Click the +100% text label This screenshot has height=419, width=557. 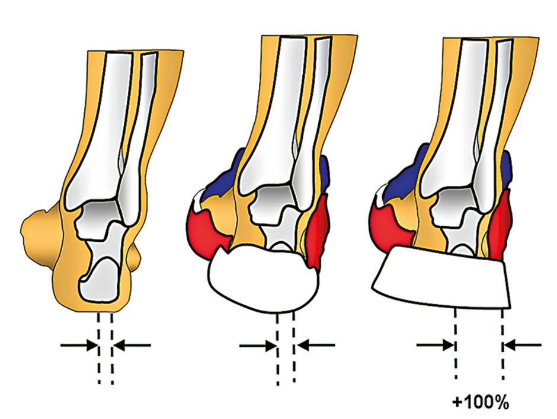click(x=481, y=402)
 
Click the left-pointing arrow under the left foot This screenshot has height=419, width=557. click(x=132, y=344)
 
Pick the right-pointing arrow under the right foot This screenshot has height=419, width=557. click(x=436, y=344)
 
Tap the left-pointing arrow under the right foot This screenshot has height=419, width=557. click(x=522, y=344)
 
